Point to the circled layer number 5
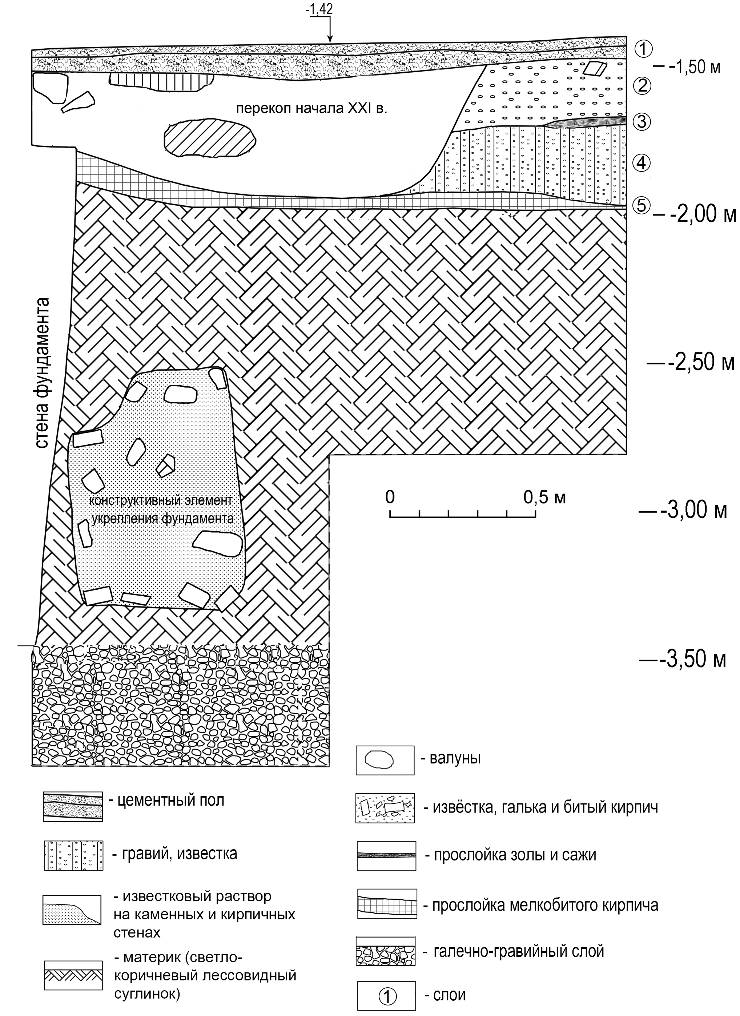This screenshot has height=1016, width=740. pyautogui.click(x=642, y=206)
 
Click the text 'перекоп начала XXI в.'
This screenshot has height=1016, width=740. pyautogui.click(x=311, y=109)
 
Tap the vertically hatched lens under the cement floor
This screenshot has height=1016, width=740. pyautogui.click(x=161, y=81)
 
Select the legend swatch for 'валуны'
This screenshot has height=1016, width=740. pyautogui.click(x=385, y=760)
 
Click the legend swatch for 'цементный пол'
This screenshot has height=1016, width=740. pyautogui.click(x=73, y=806)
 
